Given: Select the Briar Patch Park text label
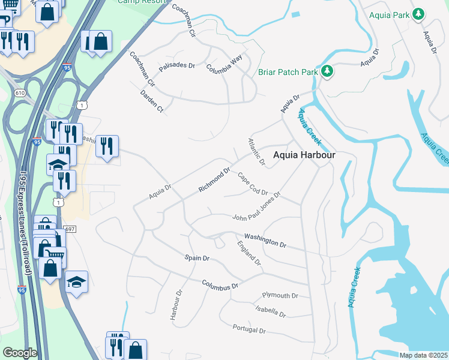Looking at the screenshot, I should click(287, 72).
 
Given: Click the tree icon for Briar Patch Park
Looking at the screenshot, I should click(327, 72).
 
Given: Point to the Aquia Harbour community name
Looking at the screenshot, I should click(304, 155).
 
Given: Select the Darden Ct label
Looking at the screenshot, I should click(152, 101).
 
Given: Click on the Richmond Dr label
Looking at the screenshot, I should click(215, 180).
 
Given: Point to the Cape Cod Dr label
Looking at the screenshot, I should click(252, 184).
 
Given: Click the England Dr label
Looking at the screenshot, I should click(249, 253).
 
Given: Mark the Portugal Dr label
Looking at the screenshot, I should click(249, 329).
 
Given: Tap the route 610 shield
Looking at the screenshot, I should click(20, 93).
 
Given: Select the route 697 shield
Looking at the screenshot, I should click(70, 229).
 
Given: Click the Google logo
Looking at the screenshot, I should click(20, 352).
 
